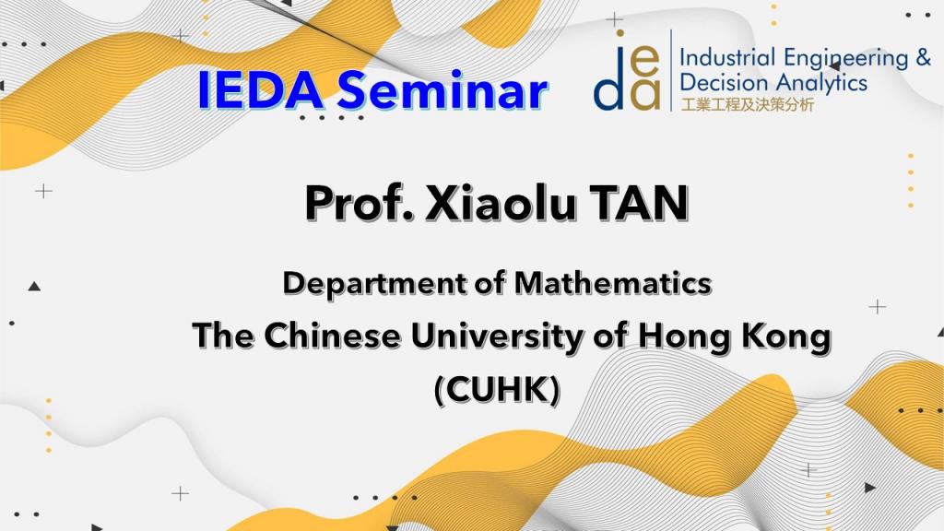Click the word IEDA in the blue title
tap(260, 90)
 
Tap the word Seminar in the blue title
tap(442, 90)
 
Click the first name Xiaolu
tap(501, 202)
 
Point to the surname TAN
tap(639, 203)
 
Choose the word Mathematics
tap(613, 282)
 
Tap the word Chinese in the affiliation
tap(332, 336)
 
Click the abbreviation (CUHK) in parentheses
tap(497, 390)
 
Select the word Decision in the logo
tap(725, 82)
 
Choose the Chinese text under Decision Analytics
tap(747, 105)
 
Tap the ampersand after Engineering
tap(923, 58)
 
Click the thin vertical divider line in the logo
tap(671, 70)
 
